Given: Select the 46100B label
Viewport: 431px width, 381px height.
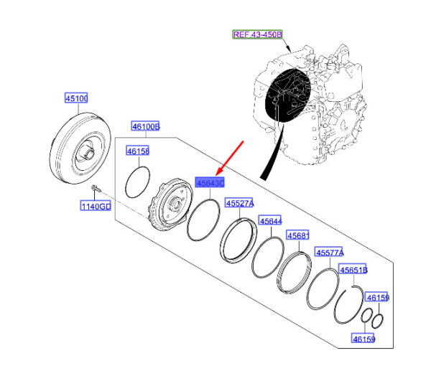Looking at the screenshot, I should tap(144, 127).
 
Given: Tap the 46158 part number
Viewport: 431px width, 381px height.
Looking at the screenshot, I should tap(137, 151).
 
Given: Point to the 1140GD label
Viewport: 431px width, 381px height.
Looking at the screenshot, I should tap(95, 207).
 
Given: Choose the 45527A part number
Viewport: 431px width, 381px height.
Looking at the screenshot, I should tap(240, 203).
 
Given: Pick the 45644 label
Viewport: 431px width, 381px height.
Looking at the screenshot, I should tap(271, 221).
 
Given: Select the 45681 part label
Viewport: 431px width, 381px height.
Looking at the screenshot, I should tap(298, 235).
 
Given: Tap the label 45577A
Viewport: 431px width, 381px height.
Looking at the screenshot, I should tap(330, 253).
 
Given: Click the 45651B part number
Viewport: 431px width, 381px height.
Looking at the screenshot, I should tap(353, 270).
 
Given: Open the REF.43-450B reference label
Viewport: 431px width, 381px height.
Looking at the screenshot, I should tap(257, 34).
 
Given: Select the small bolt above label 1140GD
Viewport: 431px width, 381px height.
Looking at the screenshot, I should tap(96, 189).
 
